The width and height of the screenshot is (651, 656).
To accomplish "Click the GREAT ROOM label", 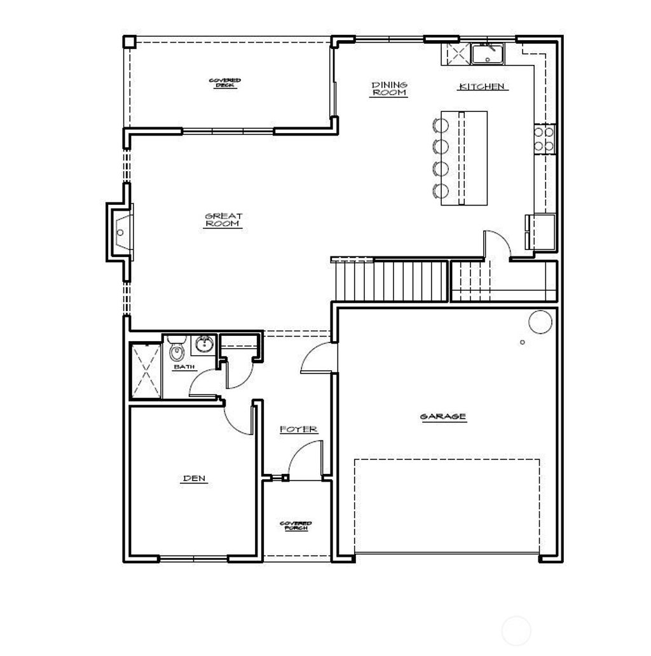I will (224, 220).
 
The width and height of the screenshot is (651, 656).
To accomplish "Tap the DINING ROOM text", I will (389, 88).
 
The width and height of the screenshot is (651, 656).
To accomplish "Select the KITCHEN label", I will (481, 87).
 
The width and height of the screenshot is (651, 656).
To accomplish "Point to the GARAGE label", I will (443, 417).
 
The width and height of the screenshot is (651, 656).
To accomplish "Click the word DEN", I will (195, 478).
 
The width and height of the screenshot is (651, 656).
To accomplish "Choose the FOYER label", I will (299, 430).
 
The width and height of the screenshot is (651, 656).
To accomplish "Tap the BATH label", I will (184, 367).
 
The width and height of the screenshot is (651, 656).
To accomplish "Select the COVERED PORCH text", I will (296, 526).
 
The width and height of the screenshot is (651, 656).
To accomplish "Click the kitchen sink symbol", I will (488, 54).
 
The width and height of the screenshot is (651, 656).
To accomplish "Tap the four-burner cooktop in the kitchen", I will (544, 139).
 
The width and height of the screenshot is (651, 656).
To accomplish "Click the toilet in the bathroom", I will (176, 351).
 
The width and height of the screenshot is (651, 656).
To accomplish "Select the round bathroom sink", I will (204, 345).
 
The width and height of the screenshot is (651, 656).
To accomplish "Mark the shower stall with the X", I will (146, 372).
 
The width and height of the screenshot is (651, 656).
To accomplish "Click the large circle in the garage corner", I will (540, 322).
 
